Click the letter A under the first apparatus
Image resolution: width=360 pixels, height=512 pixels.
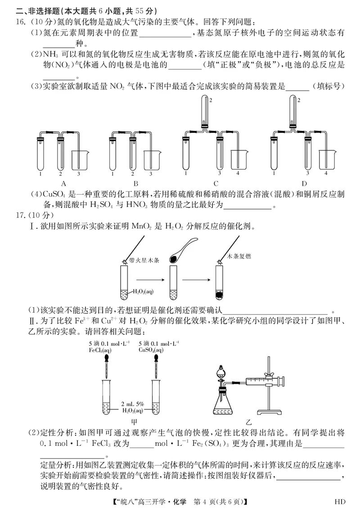click(63, 183)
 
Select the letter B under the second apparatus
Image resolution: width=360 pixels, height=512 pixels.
click(135, 183)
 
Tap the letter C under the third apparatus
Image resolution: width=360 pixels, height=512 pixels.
click(216, 183)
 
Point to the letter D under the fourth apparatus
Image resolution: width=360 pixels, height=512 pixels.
click(304, 183)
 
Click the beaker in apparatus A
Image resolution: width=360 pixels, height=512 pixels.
click(80, 159)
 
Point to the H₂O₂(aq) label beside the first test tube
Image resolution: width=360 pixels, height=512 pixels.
click(143, 291)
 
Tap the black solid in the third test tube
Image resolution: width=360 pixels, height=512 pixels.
click(220, 295)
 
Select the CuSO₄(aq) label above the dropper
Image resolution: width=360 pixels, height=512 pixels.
click(152, 349)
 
